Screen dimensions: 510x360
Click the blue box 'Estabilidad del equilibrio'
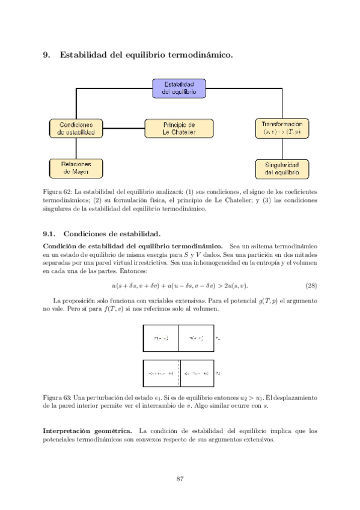coord(179,88)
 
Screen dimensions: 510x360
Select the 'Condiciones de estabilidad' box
coord(76,128)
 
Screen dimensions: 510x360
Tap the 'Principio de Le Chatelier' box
coord(179,128)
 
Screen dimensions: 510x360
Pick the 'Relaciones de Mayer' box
coord(76,168)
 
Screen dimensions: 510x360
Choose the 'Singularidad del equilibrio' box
coord(282,168)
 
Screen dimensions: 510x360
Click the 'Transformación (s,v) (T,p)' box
coord(282,127)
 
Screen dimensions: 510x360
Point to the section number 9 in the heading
coord(46,55)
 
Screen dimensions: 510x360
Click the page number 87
coord(180,479)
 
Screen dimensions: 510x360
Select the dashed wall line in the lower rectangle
coord(179,373)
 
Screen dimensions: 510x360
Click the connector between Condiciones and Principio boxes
coord(124,128)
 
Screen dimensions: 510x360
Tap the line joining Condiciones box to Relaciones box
coord(76,148)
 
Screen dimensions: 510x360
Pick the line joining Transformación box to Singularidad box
coord(282,149)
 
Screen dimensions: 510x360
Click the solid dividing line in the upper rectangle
coord(179,338)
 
